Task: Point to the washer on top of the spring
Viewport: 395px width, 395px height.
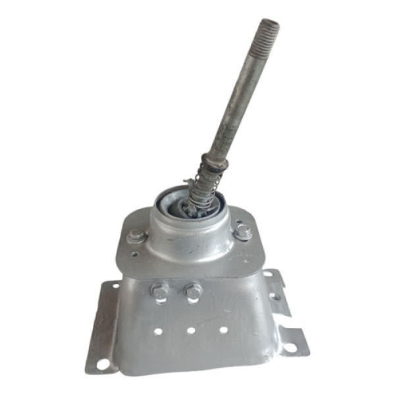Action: coord(214,161)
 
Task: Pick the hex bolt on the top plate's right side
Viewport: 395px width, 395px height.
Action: coord(242,232)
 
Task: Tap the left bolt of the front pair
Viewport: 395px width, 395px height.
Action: coord(160,290)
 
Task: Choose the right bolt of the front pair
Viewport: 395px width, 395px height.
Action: coord(193,290)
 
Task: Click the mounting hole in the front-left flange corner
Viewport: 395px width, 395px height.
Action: coord(103,363)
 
